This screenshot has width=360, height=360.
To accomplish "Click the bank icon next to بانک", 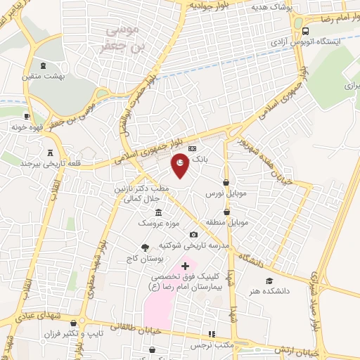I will click(193, 148).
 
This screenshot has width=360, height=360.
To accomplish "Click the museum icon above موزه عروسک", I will click(158, 212).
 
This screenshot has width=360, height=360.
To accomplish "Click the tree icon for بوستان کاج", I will click(145, 247).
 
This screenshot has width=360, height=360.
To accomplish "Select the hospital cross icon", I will click(185, 266).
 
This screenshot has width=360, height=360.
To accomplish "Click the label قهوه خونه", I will click(28, 128).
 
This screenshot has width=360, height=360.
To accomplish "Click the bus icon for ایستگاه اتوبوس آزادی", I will click(305, 31).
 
